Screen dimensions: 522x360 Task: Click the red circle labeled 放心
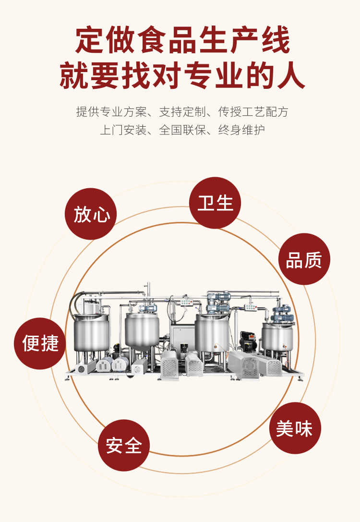[91, 214]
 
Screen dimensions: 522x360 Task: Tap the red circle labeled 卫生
[215, 203]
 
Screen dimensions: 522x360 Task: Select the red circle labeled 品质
[304, 259]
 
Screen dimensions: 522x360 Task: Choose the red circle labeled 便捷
[40, 343]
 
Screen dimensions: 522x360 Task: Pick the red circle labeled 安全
[124, 445]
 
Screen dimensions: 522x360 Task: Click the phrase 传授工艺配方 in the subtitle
[253, 112]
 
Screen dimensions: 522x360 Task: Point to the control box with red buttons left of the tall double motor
[185, 303]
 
